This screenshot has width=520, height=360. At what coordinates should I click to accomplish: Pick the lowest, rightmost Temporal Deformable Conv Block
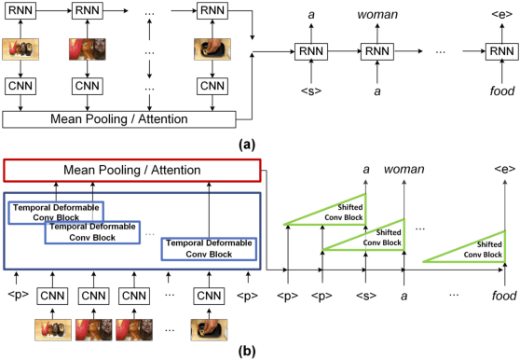209,247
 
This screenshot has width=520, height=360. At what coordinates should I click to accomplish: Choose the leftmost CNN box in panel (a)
21,87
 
